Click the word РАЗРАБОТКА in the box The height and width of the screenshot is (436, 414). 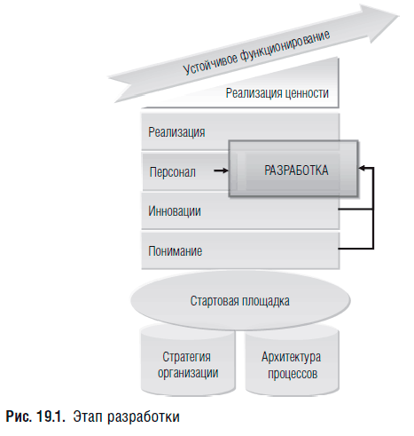[296, 170]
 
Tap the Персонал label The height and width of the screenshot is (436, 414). [173, 172]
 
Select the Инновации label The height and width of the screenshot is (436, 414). [175, 211]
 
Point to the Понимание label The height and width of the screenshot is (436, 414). [176, 251]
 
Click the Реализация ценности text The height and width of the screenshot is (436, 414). [277, 93]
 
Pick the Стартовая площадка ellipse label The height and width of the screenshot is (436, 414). [240, 301]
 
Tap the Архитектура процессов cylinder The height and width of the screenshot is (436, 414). [292, 361]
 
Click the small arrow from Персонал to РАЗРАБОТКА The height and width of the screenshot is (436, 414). [221, 170]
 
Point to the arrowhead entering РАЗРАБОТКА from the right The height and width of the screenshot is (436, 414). [362, 168]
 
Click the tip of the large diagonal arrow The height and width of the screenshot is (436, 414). [400, 16]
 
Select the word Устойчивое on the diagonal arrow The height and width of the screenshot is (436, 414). [210, 63]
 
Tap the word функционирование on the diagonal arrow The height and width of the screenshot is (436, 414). [285, 46]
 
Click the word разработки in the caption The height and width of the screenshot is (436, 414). [144, 417]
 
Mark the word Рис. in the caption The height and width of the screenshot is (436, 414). [19, 416]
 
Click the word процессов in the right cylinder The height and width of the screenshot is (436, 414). [293, 374]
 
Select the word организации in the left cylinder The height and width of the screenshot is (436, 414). [188, 373]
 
